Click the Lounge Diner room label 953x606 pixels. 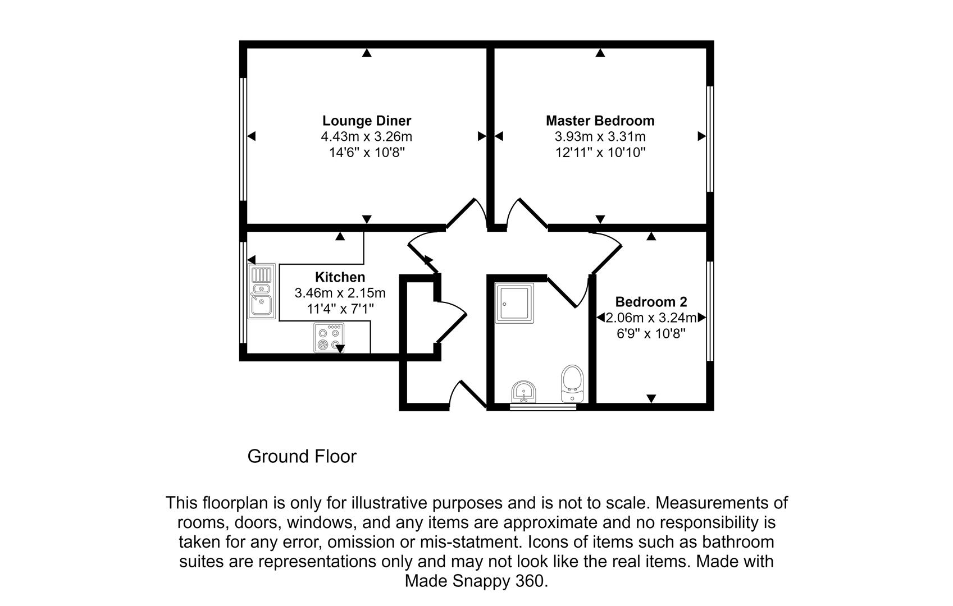(x=367, y=121)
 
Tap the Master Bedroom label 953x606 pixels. (x=600, y=121)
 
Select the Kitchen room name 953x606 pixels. (x=340, y=277)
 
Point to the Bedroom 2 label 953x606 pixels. (x=651, y=302)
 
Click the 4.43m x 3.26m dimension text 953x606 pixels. (x=367, y=137)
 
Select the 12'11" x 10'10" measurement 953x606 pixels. (x=600, y=152)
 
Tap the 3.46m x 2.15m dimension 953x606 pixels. (x=340, y=293)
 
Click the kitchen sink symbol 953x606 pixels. (x=262, y=291)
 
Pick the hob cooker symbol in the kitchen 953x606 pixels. (x=329, y=338)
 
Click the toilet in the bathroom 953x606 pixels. (x=572, y=384)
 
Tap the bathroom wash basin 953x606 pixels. (x=524, y=392)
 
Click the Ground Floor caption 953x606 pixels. (x=302, y=456)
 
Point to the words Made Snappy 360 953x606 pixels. (x=476, y=581)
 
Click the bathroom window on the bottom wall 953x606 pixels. (x=543, y=407)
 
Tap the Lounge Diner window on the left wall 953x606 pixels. (x=243, y=139)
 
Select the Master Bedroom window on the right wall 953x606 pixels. (x=710, y=139)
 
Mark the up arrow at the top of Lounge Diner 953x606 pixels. (x=367, y=53)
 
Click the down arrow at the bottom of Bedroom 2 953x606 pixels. (x=651, y=398)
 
